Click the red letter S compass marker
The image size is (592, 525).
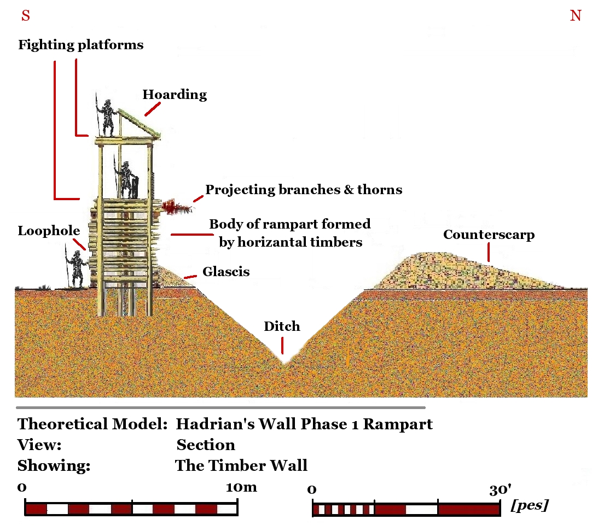(x=25, y=16)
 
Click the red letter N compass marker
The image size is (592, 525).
(x=576, y=16)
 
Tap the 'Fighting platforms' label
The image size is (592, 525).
(x=81, y=45)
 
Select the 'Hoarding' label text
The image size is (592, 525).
(x=175, y=95)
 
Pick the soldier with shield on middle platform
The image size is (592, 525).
(x=127, y=179)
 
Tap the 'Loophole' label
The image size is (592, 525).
(x=48, y=231)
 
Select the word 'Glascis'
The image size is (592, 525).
(x=226, y=271)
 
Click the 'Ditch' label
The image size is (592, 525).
(x=282, y=326)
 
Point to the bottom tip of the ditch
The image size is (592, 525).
(x=283, y=363)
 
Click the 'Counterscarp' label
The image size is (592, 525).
(x=489, y=235)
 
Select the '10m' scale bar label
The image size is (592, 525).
(x=241, y=487)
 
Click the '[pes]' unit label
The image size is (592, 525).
(x=529, y=505)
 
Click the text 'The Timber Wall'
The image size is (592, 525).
(x=241, y=465)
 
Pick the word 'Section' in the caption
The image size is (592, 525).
(x=206, y=445)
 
